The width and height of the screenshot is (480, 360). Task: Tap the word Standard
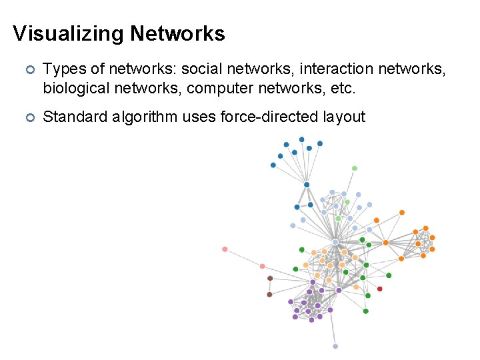click(73, 117)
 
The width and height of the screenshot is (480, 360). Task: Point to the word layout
click(342, 117)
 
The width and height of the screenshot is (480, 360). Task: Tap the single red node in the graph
click(380, 289)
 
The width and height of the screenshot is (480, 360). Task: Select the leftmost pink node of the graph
click(225, 249)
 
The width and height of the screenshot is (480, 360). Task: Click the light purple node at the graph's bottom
click(335, 346)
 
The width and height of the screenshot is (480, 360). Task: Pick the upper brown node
click(270, 278)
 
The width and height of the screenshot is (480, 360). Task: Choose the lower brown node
click(269, 294)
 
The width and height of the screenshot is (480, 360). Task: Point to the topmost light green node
click(355, 168)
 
